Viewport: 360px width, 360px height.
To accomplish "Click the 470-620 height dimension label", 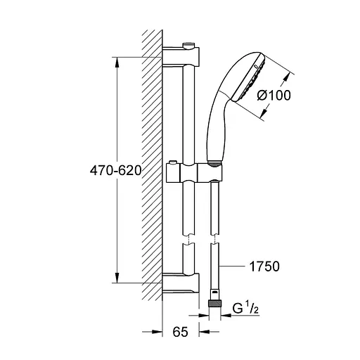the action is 116,170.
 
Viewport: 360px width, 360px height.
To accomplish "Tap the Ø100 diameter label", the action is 274,96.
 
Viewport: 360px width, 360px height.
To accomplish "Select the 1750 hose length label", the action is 264,266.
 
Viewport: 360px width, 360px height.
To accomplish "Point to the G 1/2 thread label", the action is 245,309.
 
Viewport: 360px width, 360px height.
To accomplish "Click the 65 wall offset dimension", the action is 181,332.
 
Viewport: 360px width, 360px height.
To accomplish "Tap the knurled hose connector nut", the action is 214,304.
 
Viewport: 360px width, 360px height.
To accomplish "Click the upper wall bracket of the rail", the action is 181,56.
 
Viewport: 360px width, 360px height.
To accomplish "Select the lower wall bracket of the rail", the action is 181,283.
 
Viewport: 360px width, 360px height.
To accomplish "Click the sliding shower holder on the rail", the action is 193,173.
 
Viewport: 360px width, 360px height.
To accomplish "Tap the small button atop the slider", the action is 173,162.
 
